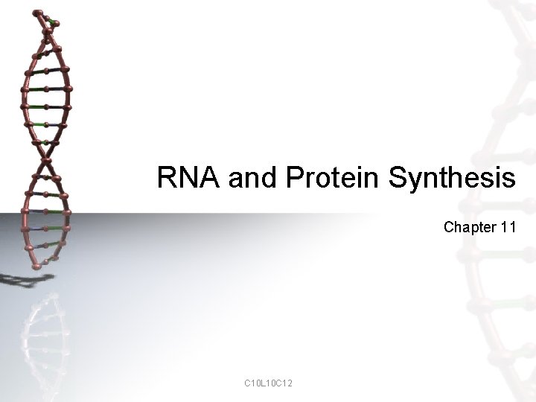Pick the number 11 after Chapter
point(508,227)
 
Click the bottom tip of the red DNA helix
point(33,265)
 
